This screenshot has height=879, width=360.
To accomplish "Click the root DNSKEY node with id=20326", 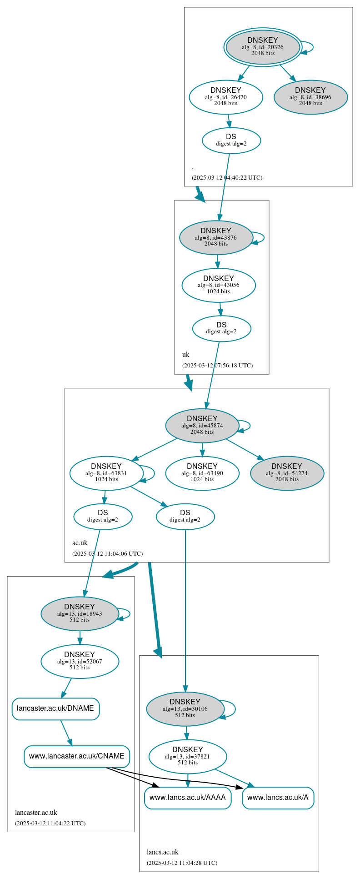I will (x=263, y=47).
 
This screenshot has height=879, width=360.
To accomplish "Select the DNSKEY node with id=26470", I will (x=226, y=97).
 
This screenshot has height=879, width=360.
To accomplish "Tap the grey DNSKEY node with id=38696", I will (x=310, y=97).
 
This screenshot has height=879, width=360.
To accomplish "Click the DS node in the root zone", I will (x=231, y=141).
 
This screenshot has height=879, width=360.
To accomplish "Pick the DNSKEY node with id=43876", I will (x=216, y=237).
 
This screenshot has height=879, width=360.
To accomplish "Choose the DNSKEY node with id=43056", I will (x=218, y=285).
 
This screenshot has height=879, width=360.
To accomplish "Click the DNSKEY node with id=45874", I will (x=202, y=426).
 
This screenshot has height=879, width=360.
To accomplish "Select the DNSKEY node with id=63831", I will (x=106, y=473).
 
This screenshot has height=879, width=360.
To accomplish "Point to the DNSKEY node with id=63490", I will (x=202, y=473).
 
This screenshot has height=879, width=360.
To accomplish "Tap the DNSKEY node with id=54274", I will (x=287, y=473).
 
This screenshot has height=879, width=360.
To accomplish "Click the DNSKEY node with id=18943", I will (x=80, y=613).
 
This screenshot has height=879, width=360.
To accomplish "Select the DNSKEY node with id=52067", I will (x=80, y=661).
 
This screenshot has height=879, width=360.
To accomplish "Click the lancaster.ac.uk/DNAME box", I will (x=55, y=708).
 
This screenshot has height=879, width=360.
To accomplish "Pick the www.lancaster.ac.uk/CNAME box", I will (x=77, y=756).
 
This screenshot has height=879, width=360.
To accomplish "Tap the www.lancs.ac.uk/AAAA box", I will (x=187, y=798).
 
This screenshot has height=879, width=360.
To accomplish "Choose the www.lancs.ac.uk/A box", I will (x=278, y=798).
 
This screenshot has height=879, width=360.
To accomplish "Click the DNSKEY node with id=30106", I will (x=185, y=709).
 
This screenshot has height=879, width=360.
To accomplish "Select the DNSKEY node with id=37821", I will (x=187, y=756).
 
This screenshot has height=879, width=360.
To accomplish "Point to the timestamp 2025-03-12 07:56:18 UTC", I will (x=217, y=366).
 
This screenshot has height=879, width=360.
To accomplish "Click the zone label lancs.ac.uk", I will (x=162, y=852).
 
